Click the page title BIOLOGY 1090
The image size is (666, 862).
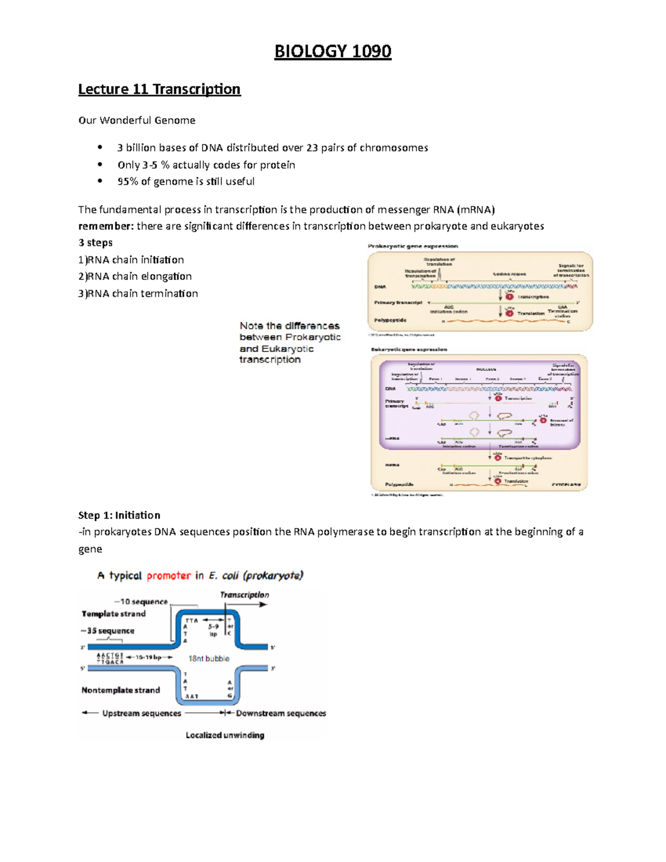click(332, 52)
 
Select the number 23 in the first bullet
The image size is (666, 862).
click(312, 148)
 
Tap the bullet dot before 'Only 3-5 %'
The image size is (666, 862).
click(100, 165)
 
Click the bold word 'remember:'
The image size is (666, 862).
click(105, 226)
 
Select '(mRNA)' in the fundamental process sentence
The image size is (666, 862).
click(475, 209)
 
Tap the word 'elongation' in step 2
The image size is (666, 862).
click(166, 276)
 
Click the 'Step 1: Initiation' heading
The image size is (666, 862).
click(119, 515)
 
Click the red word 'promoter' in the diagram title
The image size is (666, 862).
click(169, 576)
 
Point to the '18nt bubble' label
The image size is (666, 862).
click(209, 658)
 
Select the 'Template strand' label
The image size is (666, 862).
click(114, 613)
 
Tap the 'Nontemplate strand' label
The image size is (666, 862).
click(120, 690)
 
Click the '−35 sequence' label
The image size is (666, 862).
click(108, 631)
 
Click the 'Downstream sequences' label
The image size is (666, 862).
click(281, 713)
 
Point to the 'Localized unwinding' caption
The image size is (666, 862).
click(225, 735)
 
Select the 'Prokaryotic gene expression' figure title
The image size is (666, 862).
click(413, 246)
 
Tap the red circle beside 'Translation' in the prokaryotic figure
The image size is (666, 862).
click(509, 313)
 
